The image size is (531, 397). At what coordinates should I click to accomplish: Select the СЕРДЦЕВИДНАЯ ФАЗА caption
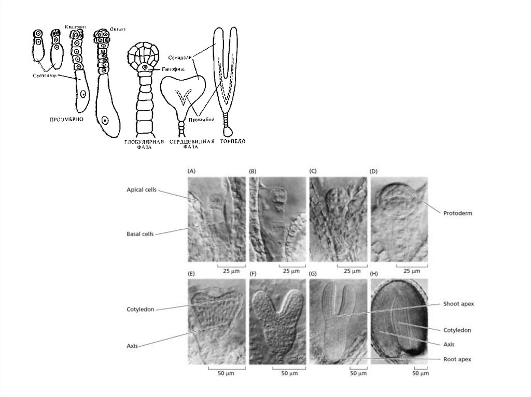coord(192,143)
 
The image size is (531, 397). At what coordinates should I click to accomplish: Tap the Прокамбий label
coord(203,120)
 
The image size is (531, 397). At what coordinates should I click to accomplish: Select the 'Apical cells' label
coord(142,190)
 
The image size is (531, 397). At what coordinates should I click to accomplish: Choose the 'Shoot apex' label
coord(458,304)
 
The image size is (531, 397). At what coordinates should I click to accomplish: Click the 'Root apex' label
coord(457,358)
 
